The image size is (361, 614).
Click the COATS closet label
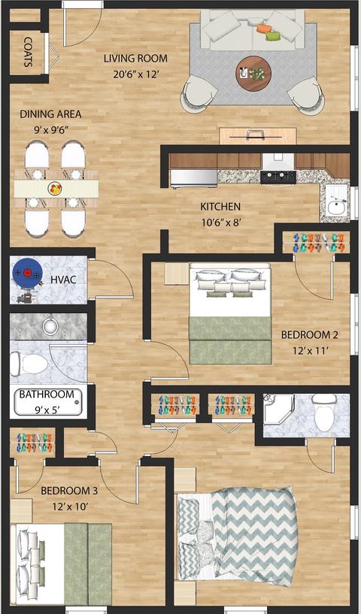28,52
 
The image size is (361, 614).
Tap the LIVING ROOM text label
135,59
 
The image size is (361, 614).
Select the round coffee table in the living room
253,74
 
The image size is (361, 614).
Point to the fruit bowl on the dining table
55,189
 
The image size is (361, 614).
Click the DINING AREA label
50,114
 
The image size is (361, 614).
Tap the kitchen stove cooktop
278,177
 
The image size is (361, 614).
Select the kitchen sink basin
336,207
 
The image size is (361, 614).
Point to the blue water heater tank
27,273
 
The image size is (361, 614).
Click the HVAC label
63,280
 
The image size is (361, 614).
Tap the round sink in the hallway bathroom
50,325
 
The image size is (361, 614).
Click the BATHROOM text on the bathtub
47,394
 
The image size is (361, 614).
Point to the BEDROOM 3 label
69,490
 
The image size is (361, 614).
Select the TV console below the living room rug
257,136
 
